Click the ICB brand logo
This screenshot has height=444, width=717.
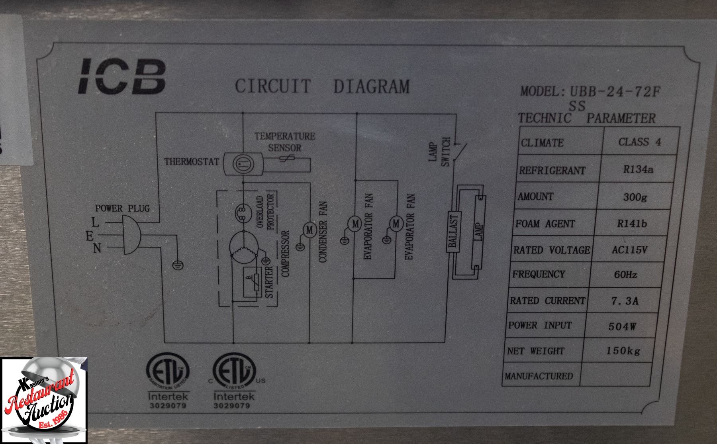(x=121, y=77)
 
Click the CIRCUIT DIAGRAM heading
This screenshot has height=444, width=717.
(x=322, y=86)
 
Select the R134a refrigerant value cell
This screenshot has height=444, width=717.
(x=638, y=170)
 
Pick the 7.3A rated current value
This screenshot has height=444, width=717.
(x=625, y=301)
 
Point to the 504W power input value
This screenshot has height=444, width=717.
(x=622, y=327)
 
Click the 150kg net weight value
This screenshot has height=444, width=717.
(x=623, y=351)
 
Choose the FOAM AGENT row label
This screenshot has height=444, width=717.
(x=545, y=224)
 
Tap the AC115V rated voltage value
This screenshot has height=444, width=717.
(x=629, y=250)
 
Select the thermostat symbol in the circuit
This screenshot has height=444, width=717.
(x=242, y=162)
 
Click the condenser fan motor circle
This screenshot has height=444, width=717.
(x=310, y=230)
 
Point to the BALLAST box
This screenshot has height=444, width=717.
(x=453, y=232)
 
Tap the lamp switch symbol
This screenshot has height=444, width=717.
(x=458, y=152)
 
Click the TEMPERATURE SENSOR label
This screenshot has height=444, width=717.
(x=284, y=142)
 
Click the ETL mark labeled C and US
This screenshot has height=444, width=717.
(x=232, y=373)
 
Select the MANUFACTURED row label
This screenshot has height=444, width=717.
(x=539, y=376)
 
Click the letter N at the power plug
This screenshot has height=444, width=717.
(x=97, y=249)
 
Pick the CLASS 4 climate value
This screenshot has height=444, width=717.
(x=639, y=142)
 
